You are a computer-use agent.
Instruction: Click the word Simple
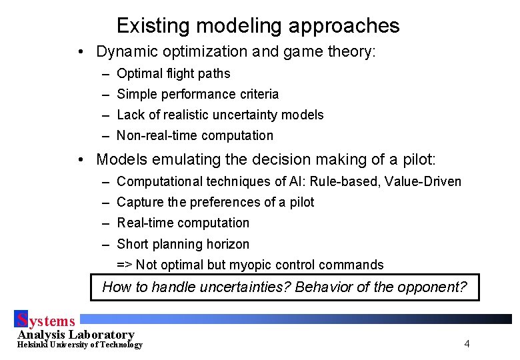(x=137, y=94)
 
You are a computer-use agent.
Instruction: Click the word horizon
(x=227, y=244)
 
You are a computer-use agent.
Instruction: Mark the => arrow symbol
(x=125, y=265)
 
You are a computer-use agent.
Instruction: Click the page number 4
(x=467, y=344)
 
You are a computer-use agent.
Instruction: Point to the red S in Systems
(x=22, y=320)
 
